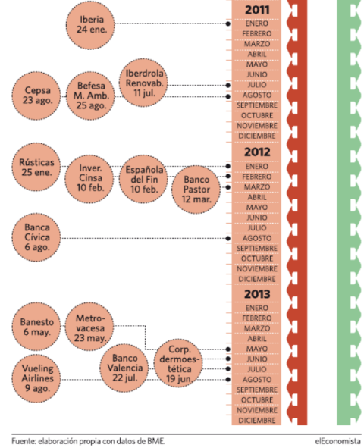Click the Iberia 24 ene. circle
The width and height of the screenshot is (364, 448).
(x=90, y=25)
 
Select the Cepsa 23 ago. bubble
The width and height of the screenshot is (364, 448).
(x=36, y=96)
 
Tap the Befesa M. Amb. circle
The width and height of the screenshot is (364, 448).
(x=90, y=96)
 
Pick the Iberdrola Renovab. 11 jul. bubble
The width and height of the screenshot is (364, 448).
(x=143, y=83)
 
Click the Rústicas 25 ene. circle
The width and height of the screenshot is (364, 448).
(x=36, y=167)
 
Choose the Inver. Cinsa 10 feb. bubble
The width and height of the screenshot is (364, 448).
(x=89, y=179)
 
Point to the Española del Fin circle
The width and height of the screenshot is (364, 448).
(x=143, y=179)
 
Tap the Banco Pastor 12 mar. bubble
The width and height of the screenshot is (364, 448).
(x=196, y=190)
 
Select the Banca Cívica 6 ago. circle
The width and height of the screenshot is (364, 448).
(x=36, y=237)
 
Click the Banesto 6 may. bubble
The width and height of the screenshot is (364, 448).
(x=36, y=327)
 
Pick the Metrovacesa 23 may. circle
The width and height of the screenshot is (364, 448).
(x=89, y=327)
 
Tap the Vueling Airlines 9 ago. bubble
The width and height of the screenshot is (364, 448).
(x=36, y=378)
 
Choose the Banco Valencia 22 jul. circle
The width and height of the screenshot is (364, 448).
(x=124, y=368)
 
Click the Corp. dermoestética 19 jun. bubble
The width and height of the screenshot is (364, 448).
(x=178, y=363)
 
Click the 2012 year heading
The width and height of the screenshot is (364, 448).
(x=257, y=152)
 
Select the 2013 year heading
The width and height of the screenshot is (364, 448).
(x=257, y=294)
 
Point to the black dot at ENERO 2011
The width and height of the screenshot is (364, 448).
(x=227, y=23)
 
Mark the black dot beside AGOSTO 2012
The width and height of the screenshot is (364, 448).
(x=227, y=238)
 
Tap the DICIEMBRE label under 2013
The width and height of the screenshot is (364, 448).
(x=257, y=421)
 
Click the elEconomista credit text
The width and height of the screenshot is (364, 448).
(x=338, y=441)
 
